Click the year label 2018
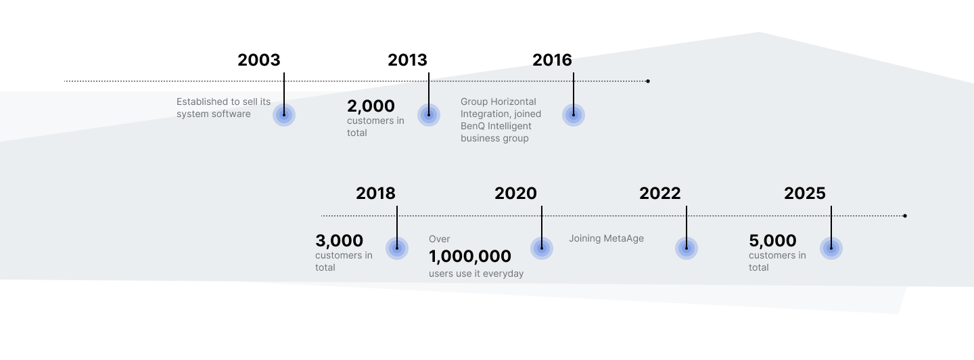(x=375, y=194)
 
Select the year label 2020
(x=515, y=194)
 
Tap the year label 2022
(x=660, y=194)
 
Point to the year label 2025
(x=805, y=194)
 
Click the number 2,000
(x=371, y=106)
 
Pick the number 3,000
(x=339, y=241)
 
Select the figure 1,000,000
(x=470, y=256)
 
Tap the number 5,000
(x=772, y=241)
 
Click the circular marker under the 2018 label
(x=397, y=248)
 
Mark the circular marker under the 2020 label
(x=542, y=248)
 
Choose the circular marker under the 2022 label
(x=687, y=248)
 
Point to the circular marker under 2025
(x=831, y=248)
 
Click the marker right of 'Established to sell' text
(x=284, y=115)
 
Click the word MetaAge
(x=622, y=238)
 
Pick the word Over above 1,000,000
(x=440, y=239)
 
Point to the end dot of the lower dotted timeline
(x=905, y=216)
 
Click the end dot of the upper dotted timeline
(x=648, y=81)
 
